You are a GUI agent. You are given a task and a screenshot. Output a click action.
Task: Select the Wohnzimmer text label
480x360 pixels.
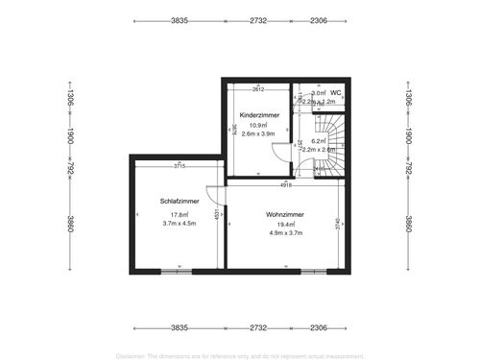pos(285,214)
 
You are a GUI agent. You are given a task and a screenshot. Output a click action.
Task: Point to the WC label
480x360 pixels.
pos(336,93)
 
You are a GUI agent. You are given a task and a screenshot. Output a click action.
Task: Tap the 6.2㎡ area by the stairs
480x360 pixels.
pos(319,140)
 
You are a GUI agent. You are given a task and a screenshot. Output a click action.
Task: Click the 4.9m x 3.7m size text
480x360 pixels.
pos(284,232)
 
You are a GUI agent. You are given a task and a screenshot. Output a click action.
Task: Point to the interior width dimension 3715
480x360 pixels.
pos(179,166)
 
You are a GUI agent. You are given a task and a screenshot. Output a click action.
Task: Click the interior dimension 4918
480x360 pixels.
pos(285,184)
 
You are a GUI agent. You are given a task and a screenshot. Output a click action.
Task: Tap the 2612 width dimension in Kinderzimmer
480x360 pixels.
pos(258,89)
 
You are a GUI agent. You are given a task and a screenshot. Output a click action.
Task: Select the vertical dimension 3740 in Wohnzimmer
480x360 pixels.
pos(336,226)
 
